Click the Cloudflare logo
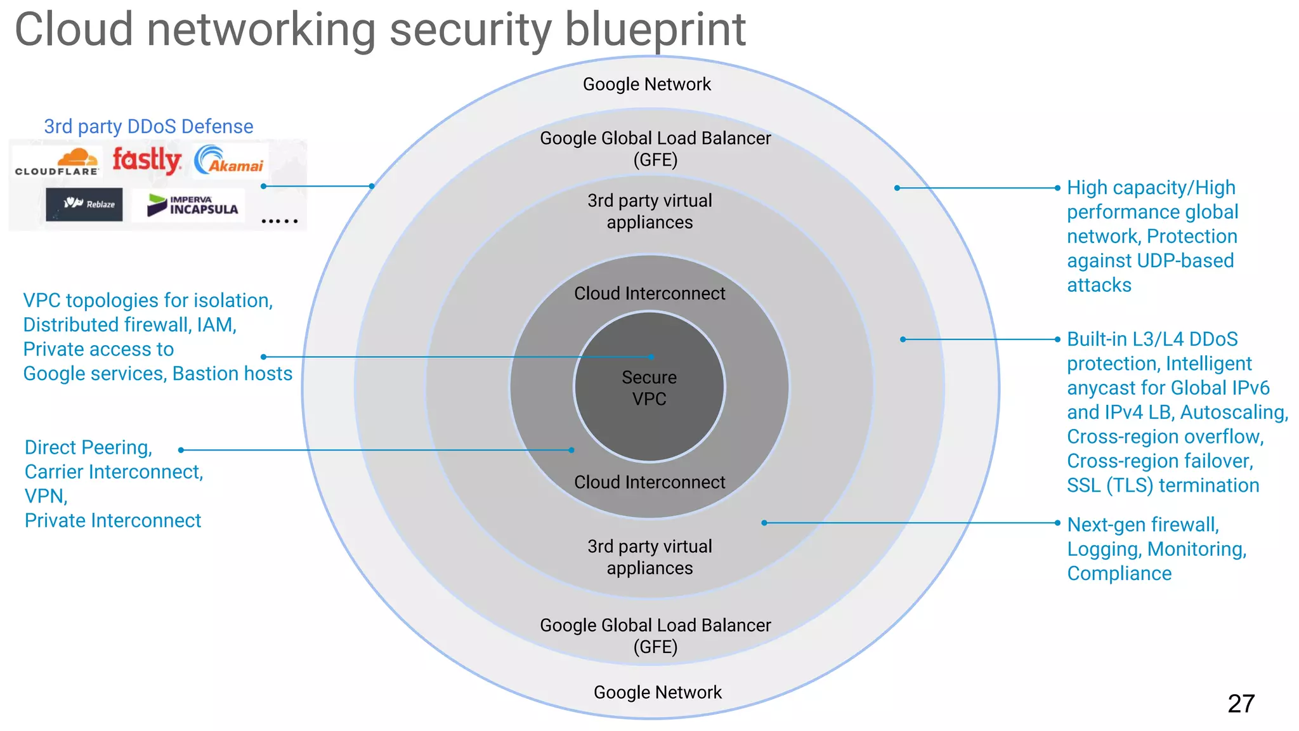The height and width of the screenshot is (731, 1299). [57, 162]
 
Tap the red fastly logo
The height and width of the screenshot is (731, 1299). [147, 160]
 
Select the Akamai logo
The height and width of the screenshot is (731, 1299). [230, 160]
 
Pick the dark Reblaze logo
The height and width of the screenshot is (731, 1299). [84, 204]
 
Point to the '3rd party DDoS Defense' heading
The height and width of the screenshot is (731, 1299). [148, 126]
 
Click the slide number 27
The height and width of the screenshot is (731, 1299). [1241, 704]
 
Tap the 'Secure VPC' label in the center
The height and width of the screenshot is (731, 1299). [649, 388]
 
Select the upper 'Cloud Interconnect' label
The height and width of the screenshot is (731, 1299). [649, 293]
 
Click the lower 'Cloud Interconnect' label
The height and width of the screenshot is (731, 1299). [649, 482]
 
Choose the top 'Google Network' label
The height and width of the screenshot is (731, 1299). [647, 84]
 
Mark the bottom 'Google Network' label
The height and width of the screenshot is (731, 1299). [658, 692]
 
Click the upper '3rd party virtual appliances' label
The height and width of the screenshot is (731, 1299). [649, 211]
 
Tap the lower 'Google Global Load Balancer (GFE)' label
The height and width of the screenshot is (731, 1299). [655, 636]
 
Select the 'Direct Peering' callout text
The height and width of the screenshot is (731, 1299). [88, 447]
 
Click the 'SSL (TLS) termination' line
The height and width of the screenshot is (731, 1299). [1163, 485]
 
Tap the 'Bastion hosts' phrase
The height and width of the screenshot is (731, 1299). [232, 374]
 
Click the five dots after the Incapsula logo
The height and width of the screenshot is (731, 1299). [279, 221]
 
